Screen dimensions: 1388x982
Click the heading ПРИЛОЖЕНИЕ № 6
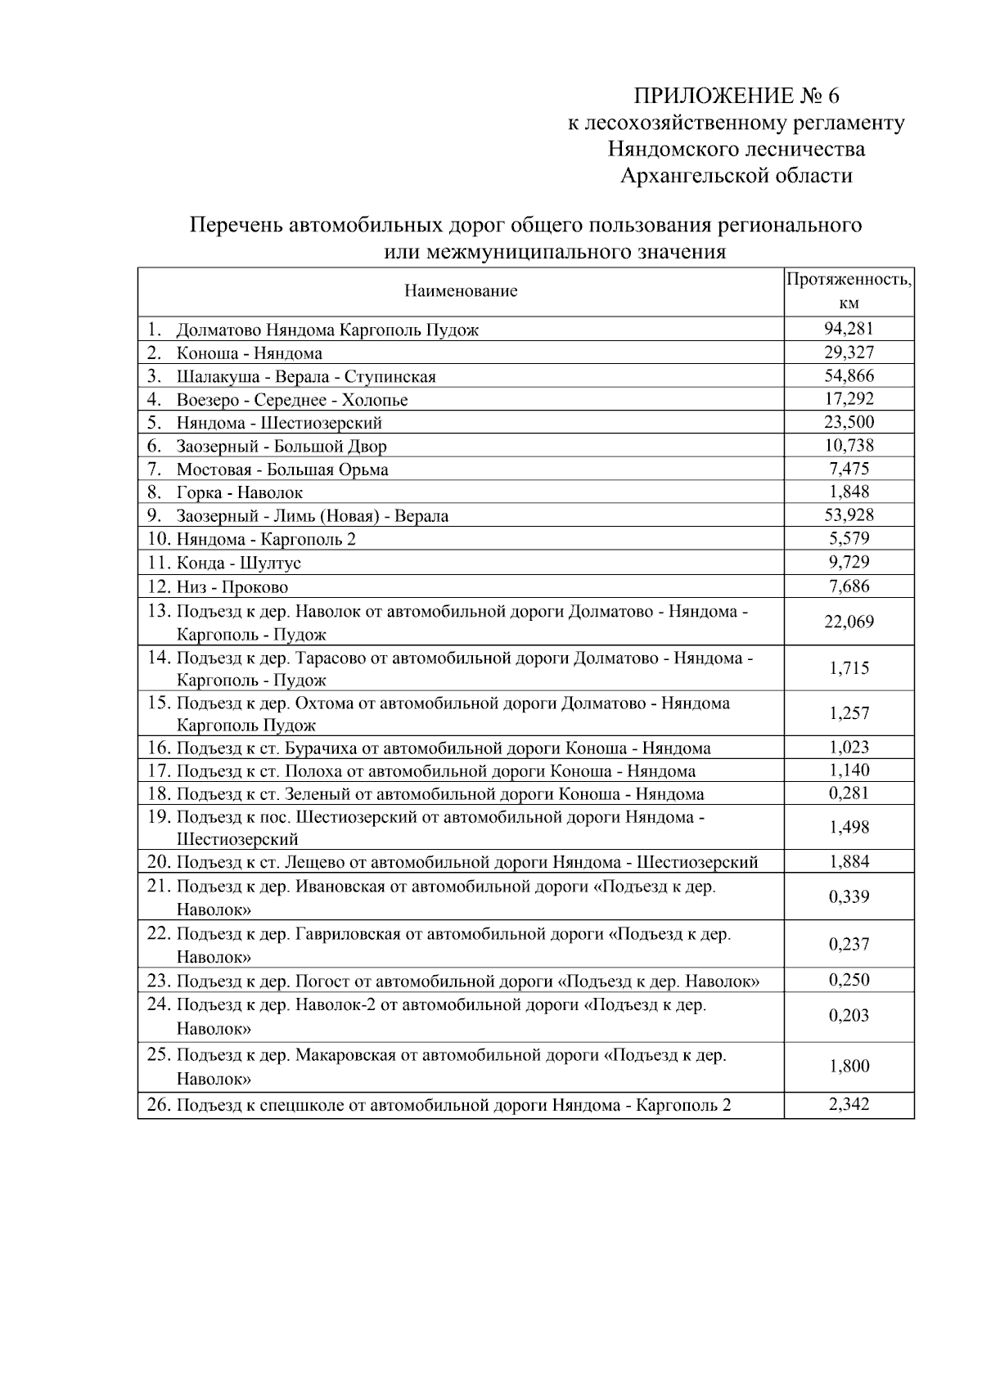[736, 96]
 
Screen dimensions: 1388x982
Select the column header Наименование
[461, 291]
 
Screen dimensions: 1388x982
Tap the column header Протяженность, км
[849, 291]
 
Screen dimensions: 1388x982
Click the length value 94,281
[849, 329]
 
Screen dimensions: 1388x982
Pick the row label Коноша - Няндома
[249, 353]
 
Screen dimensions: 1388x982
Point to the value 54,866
[849, 376]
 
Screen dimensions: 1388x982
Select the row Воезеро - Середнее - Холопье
[291, 400]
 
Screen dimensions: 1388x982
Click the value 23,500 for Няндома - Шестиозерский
[849, 423]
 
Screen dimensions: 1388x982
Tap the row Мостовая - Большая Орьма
[282, 469]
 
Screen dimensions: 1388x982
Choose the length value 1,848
[849, 492]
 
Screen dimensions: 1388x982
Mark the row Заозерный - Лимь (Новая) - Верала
[312, 516]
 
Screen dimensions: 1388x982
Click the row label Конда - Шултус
[238, 563]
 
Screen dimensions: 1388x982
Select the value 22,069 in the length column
[849, 622]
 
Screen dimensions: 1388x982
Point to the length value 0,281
[849, 793]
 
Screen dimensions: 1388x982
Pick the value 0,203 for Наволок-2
[849, 1016]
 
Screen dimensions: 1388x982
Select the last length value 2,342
[849, 1105]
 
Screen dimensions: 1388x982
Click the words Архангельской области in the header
[736, 175]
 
